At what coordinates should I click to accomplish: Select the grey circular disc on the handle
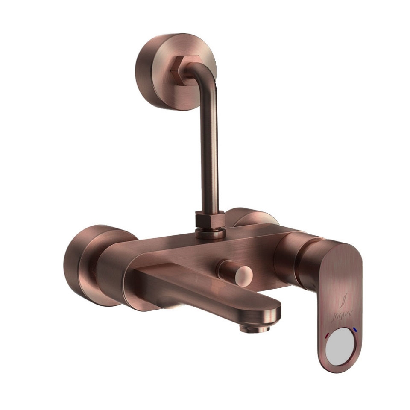(x=340, y=348)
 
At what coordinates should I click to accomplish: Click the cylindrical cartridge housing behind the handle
(x=295, y=261)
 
